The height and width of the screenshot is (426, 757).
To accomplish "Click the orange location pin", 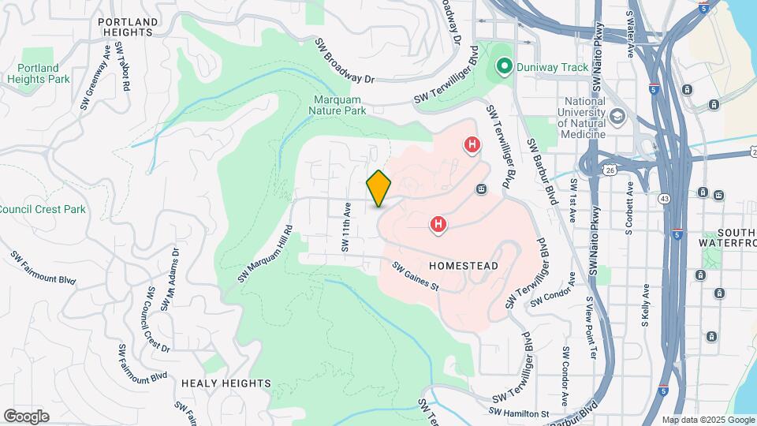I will [x=379, y=189].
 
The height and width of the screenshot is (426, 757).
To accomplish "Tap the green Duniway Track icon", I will [x=502, y=67].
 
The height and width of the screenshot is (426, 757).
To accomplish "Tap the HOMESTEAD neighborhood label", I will [x=464, y=266].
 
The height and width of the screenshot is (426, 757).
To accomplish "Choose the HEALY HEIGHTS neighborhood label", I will [x=226, y=383].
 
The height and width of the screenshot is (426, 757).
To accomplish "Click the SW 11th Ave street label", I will [x=345, y=226].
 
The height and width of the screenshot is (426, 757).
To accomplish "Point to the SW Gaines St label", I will [x=416, y=276].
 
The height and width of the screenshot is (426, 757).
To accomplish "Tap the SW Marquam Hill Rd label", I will [x=266, y=254].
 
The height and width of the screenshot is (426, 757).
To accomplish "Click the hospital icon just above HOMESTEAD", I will [x=438, y=226].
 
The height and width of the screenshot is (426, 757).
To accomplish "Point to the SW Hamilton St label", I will [x=518, y=413].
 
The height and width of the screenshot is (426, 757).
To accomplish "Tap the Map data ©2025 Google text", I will [x=707, y=420].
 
